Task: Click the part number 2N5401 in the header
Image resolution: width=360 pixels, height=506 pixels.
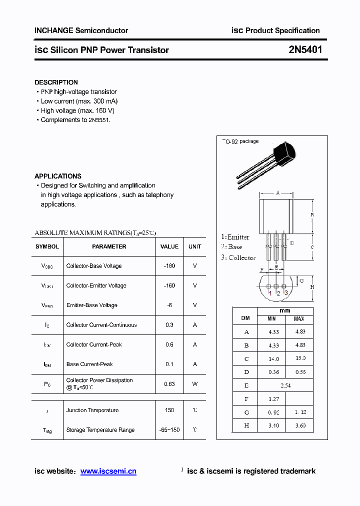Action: click(305, 50)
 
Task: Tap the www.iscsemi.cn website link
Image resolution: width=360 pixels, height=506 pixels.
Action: click(108, 471)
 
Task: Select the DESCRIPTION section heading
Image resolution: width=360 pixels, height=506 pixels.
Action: click(56, 82)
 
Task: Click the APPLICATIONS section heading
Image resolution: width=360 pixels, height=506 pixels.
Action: click(58, 176)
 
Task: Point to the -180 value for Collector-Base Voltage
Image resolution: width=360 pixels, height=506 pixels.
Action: click(169, 266)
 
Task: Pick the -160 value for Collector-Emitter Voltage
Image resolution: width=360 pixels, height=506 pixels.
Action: click(169, 285)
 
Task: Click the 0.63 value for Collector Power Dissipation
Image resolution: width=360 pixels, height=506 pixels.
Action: click(169, 384)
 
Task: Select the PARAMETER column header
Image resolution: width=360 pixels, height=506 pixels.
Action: click(109, 246)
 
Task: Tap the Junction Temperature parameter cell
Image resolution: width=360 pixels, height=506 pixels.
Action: click(92, 410)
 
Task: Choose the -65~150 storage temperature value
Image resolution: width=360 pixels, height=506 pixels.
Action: click(169, 430)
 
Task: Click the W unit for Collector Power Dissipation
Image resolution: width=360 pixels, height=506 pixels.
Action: click(195, 384)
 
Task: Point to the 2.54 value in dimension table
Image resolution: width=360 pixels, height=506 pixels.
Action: click(285, 385)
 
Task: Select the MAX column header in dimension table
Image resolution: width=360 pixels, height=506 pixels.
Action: click(299, 319)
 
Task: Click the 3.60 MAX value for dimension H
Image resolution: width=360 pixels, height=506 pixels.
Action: click(299, 425)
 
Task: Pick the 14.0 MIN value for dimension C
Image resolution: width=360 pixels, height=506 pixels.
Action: click(273, 359)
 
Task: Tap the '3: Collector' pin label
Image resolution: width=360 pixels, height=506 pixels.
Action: click(238, 257)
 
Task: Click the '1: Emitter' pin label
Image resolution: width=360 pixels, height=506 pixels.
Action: click(235, 237)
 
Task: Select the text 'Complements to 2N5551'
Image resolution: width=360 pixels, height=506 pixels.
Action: click(75, 120)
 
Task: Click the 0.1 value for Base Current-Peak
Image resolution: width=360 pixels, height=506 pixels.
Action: click(169, 364)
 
